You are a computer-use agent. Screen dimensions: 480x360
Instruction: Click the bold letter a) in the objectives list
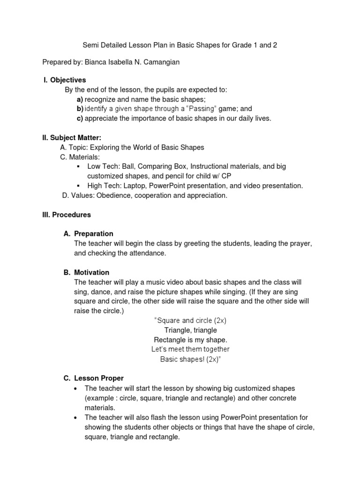80,99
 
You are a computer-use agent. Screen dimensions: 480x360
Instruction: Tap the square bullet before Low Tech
77,167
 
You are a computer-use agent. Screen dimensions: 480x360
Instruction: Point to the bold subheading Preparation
94,233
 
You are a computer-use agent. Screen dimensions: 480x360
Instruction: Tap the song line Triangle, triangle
190,330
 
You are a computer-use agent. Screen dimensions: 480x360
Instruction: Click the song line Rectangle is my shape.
190,340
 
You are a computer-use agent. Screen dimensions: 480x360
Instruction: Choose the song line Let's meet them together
190,349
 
